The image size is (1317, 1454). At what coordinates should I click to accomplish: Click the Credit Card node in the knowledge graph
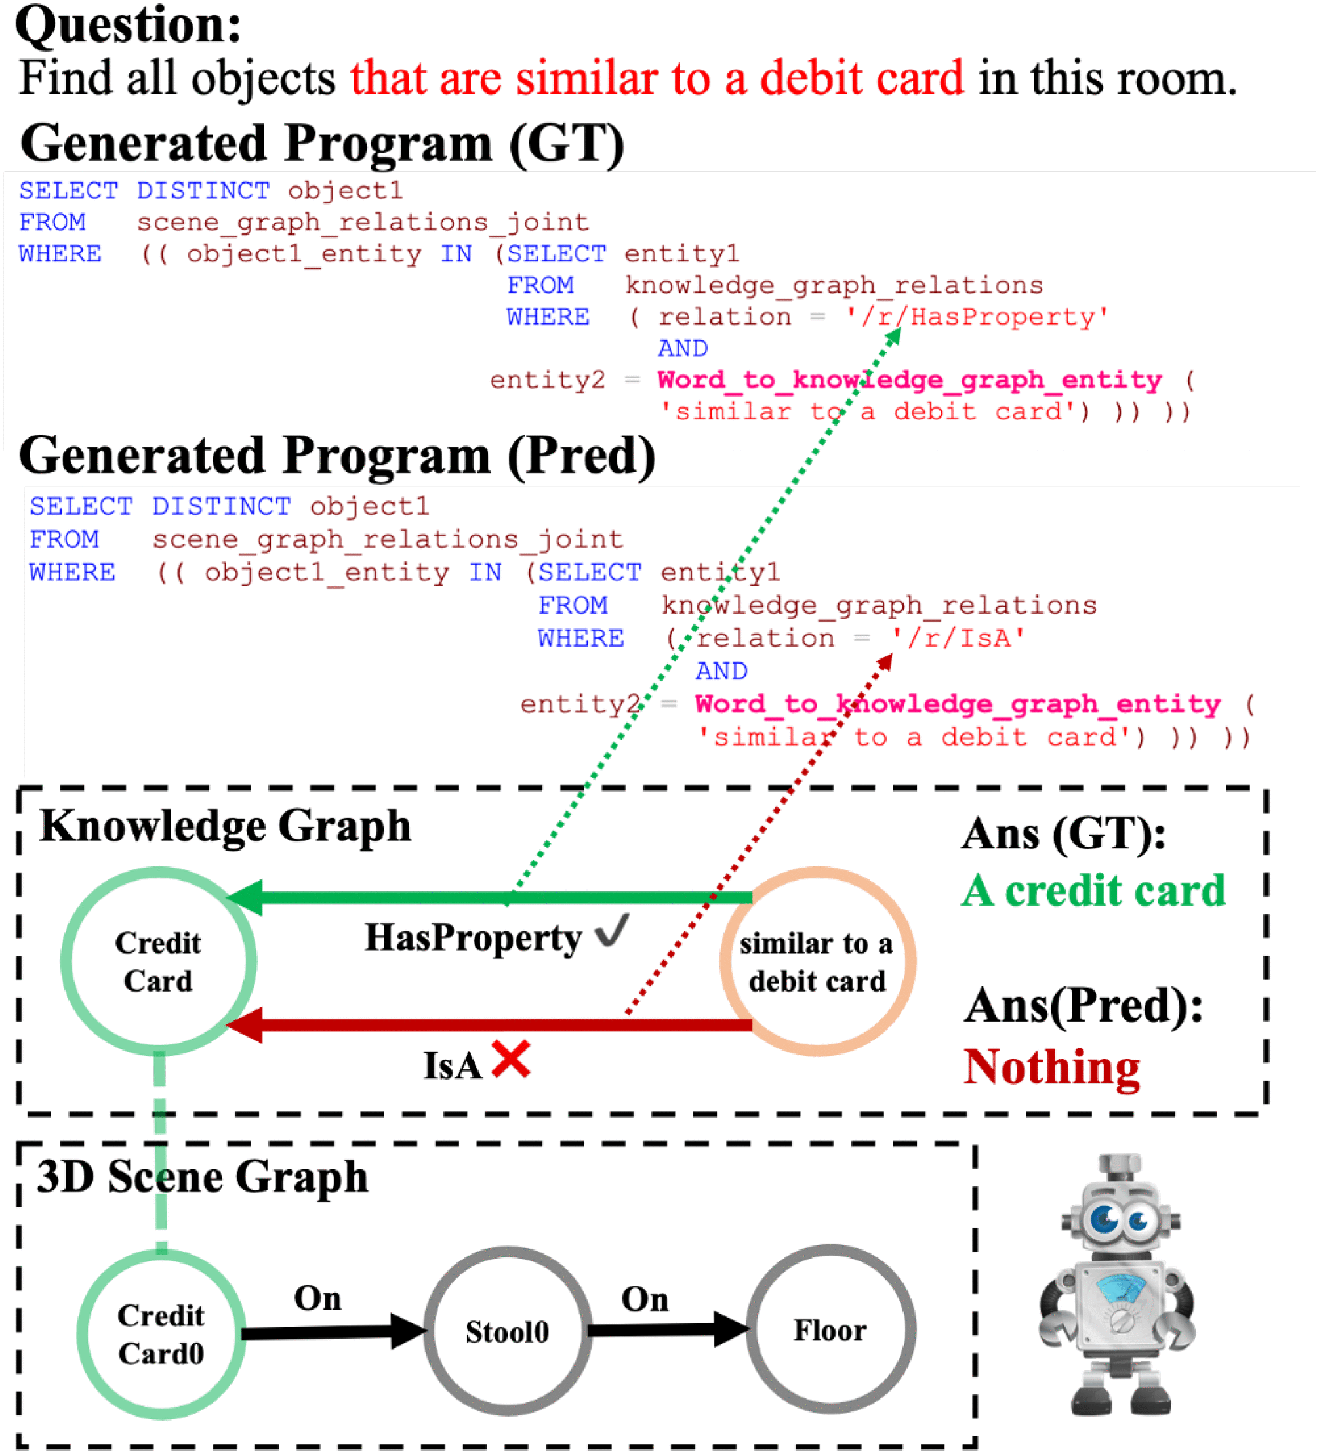pyautogui.click(x=158, y=961)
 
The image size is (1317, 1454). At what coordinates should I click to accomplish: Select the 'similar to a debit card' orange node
pyautogui.click(x=817, y=961)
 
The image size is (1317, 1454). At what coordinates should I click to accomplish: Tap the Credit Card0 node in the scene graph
pyautogui.click(x=161, y=1334)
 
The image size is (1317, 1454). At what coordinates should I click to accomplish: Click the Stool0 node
pyautogui.click(x=507, y=1331)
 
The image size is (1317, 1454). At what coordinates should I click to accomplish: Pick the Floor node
pyautogui.click(x=830, y=1330)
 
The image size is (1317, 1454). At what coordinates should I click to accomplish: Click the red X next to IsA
pyautogui.click(x=511, y=1060)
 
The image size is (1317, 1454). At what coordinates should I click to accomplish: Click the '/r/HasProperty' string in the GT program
pyautogui.click(x=977, y=317)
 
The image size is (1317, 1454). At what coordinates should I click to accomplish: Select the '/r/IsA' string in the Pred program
pyautogui.click(x=958, y=638)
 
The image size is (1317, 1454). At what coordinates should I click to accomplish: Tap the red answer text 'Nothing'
pyautogui.click(x=1051, y=1068)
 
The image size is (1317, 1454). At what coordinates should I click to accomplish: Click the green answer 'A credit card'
pyautogui.click(x=1093, y=891)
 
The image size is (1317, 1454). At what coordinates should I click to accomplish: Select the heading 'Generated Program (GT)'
pyautogui.click(x=323, y=143)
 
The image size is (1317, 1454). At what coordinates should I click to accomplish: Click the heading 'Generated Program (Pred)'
pyautogui.click(x=337, y=456)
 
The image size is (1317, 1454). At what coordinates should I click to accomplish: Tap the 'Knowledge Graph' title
pyautogui.click(x=225, y=826)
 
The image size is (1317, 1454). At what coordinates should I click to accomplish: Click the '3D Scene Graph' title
pyautogui.click(x=203, y=1177)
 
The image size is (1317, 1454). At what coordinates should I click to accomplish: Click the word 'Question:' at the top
pyautogui.click(x=129, y=24)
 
